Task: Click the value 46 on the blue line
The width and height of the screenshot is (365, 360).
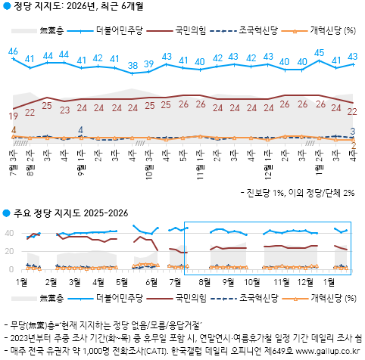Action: pyautogui.click(x=13, y=51)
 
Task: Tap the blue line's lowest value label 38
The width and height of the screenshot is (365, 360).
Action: pyautogui.click(x=133, y=65)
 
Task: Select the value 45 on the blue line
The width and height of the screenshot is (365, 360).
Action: pyautogui.click(x=320, y=53)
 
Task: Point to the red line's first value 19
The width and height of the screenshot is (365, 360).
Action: pyautogui.click(x=13, y=116)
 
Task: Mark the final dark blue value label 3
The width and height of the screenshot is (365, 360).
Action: pyautogui.click(x=354, y=131)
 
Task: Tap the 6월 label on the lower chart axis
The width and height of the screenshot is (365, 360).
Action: pyautogui.click(x=151, y=281)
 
